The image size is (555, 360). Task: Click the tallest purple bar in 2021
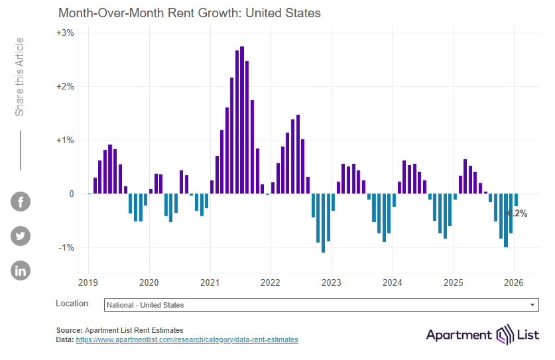242,119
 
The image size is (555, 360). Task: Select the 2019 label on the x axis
88,282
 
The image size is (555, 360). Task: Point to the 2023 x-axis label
331,282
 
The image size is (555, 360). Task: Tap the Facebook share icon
21,202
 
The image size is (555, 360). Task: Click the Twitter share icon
21,236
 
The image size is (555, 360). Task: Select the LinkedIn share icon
21,270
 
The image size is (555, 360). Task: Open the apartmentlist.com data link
187,339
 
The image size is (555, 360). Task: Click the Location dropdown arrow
532,305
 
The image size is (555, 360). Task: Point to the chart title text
190,13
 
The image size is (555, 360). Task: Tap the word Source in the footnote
69,330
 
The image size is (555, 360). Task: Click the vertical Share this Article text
20,77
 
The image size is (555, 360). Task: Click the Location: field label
73,304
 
